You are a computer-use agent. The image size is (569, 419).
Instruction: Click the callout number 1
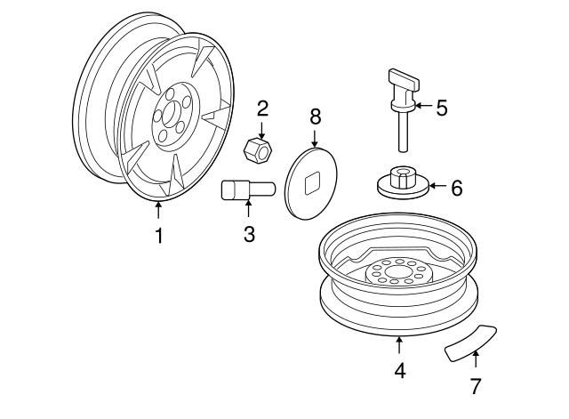(x=159, y=236)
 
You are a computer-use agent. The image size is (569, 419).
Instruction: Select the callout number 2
(x=262, y=109)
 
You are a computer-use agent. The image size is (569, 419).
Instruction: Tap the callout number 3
(x=249, y=234)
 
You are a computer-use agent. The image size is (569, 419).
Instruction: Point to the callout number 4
(x=399, y=371)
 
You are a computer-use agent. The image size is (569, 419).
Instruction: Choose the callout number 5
(x=442, y=108)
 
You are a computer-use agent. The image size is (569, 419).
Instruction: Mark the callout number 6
(x=456, y=188)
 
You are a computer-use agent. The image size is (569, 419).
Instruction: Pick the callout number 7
(x=476, y=386)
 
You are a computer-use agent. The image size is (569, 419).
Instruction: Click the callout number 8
(x=316, y=117)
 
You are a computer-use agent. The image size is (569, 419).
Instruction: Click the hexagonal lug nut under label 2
(x=258, y=151)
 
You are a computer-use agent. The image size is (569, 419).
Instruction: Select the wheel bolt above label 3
(x=248, y=190)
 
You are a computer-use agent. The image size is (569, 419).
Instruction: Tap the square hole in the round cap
(x=312, y=183)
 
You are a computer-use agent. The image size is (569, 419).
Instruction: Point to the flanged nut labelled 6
(x=404, y=182)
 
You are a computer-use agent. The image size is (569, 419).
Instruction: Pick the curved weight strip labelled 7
(x=470, y=343)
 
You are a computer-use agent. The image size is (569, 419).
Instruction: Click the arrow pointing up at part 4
(x=399, y=345)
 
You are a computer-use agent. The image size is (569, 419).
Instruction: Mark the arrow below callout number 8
(x=315, y=139)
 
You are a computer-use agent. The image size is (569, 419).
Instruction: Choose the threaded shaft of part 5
(x=402, y=131)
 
